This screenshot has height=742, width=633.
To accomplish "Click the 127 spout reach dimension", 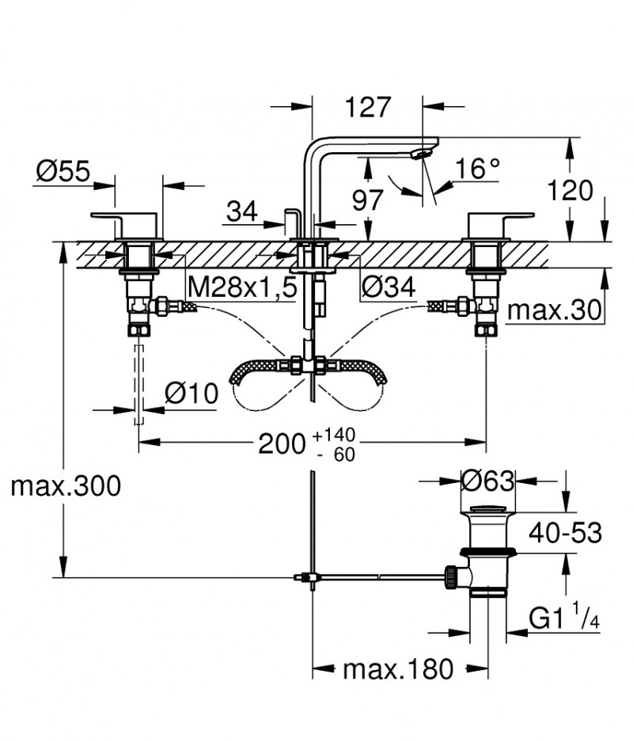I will [369, 107].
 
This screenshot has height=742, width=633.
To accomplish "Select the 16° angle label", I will [479, 169].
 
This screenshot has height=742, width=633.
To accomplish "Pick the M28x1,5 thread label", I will [241, 288].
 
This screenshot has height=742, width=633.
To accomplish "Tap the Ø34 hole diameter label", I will [388, 288].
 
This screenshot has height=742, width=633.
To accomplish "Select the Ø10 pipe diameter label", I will [191, 393].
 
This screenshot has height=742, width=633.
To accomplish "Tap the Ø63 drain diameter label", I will [488, 480].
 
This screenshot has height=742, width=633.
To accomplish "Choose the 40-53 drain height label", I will [566, 532].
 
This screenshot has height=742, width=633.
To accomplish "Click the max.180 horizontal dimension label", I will [399, 670].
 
